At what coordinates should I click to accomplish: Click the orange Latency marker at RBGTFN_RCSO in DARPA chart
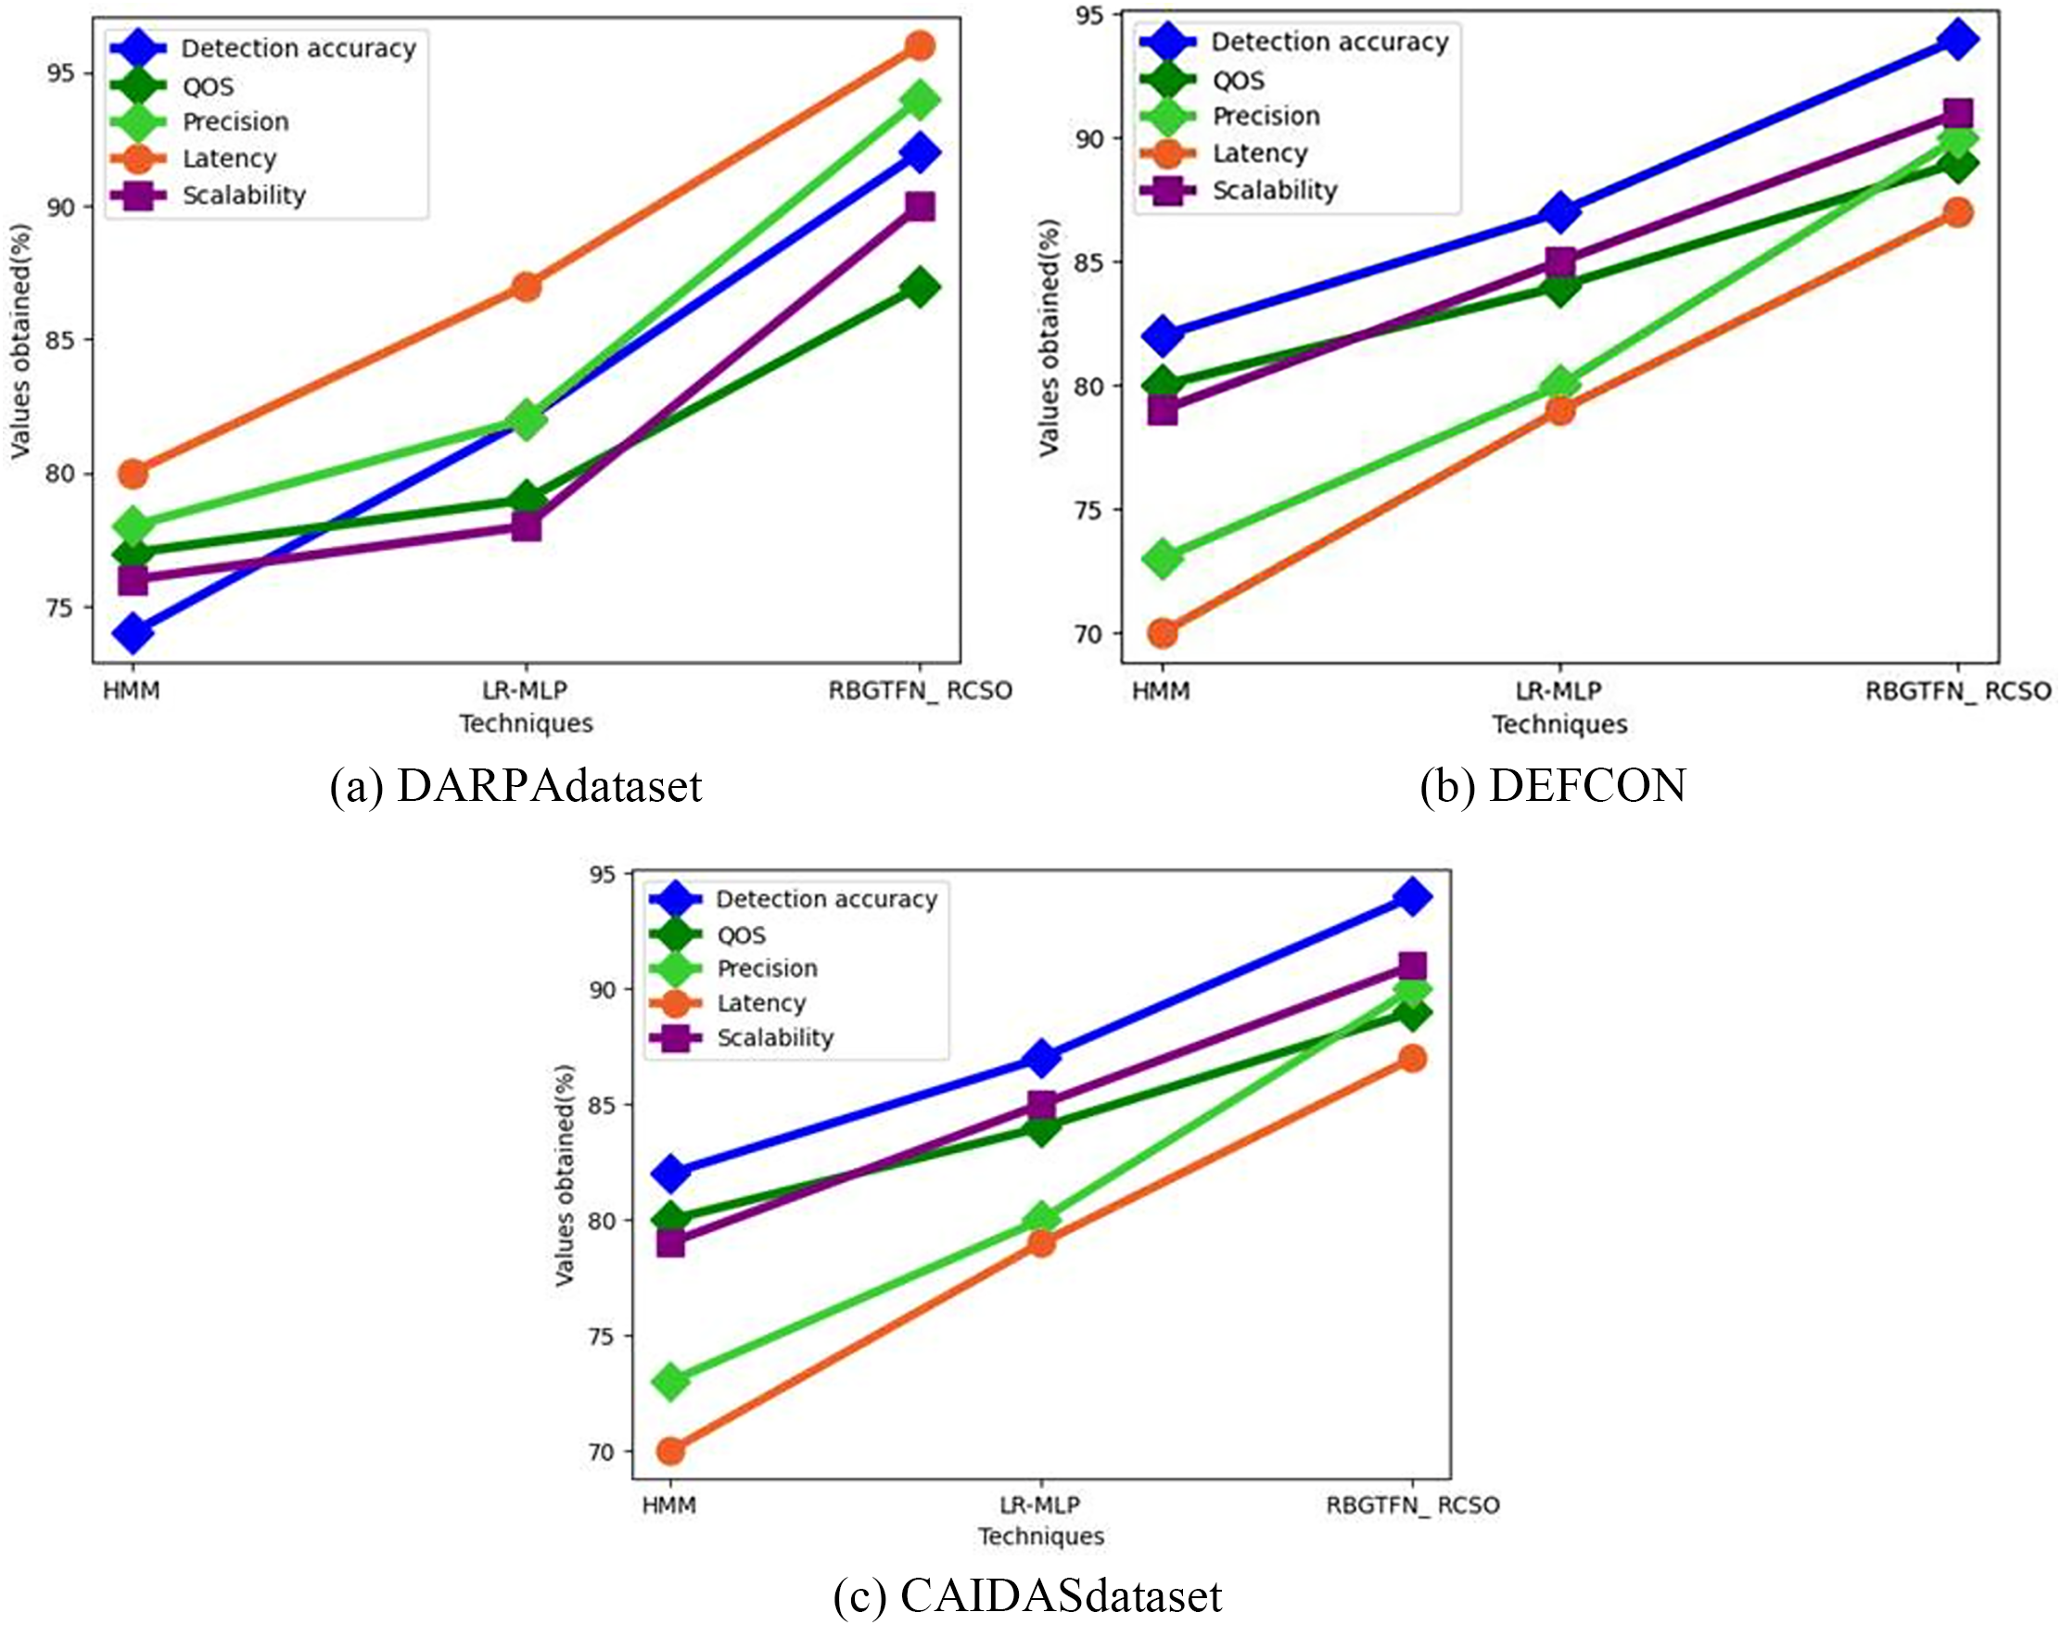click(920, 45)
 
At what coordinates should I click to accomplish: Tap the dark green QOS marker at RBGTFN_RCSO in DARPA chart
click(920, 286)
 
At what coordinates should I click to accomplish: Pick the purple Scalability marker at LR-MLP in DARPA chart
click(527, 527)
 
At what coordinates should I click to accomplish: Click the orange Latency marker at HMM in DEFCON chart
click(1163, 633)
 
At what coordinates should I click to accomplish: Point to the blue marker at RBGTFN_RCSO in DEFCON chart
click(1957, 39)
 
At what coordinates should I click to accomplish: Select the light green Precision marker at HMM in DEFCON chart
click(1163, 558)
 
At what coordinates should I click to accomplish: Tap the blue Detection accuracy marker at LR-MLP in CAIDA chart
click(1042, 1058)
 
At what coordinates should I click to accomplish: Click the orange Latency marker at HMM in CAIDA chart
click(671, 1451)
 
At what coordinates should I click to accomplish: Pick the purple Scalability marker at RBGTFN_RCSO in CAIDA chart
click(1412, 967)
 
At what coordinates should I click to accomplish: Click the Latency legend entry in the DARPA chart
click(228, 159)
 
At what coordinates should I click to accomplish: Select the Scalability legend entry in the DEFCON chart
click(1274, 190)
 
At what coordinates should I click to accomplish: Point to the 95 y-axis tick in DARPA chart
click(63, 74)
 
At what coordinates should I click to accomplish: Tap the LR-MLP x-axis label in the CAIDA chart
click(1040, 1505)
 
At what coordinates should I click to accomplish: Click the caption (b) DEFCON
click(1553, 786)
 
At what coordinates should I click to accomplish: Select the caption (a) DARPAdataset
click(515, 786)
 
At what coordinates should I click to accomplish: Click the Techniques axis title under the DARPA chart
click(527, 724)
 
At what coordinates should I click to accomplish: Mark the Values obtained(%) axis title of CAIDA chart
click(566, 1175)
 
